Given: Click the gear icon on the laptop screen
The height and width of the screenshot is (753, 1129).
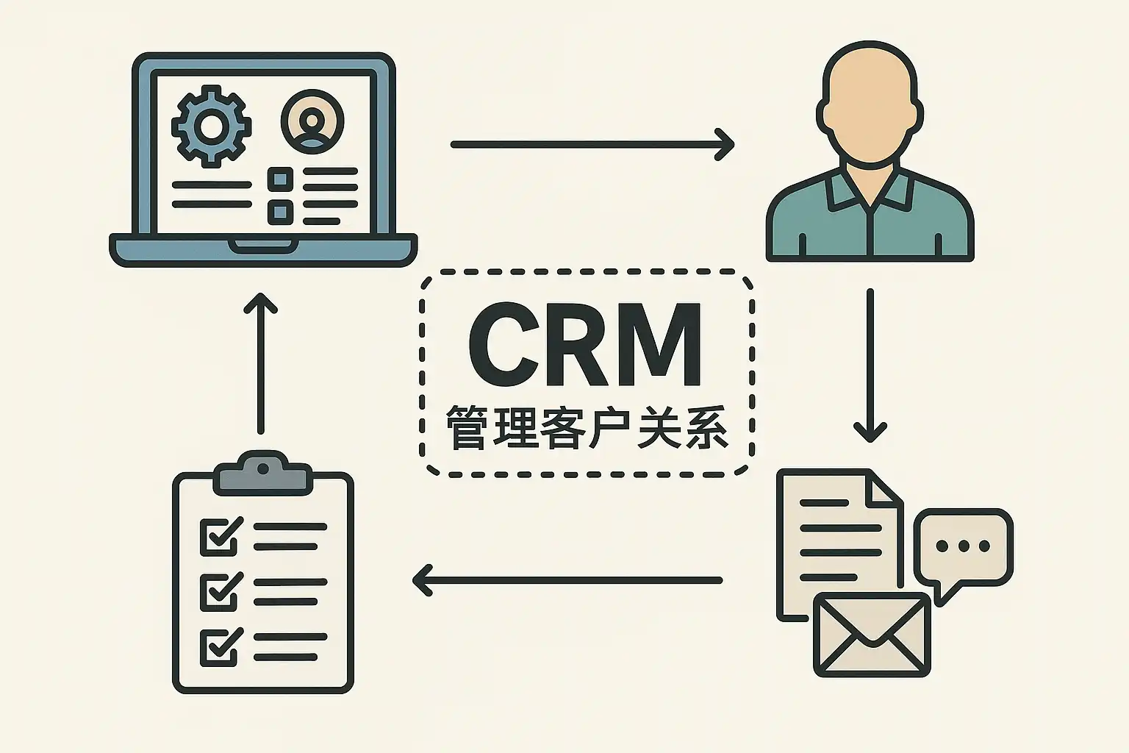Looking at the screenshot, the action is point(211,126).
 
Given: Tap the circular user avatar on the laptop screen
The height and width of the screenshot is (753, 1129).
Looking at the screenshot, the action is point(312,121).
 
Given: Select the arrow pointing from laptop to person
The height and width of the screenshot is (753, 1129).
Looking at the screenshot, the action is point(592,145).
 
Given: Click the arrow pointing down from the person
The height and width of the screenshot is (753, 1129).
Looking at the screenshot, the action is point(870,365).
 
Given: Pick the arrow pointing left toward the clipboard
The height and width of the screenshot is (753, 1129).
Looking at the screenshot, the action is point(567,580).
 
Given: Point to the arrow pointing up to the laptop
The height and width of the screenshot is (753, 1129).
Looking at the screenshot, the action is point(261,363).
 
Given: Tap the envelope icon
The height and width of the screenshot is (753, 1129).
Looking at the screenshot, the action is point(872,635).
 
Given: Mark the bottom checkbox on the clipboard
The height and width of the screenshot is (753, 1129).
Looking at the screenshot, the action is point(221,647).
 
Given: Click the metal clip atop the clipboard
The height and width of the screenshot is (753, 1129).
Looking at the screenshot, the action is point(263,473).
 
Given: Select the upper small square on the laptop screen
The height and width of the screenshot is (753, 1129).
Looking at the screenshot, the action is point(281,179).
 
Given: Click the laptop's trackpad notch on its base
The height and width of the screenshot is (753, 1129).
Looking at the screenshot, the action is point(263,246).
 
